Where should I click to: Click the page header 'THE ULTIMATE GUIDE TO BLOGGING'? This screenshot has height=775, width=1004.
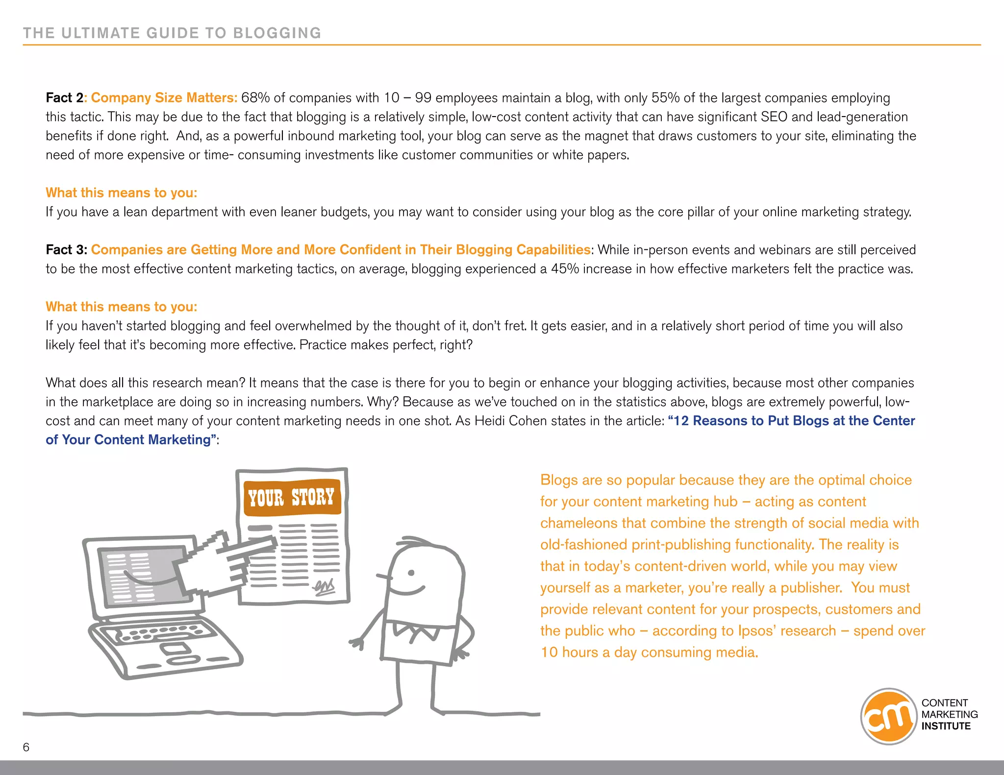click(x=172, y=33)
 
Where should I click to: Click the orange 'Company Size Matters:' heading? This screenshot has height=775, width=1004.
click(x=164, y=97)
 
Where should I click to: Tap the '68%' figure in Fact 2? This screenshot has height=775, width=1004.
click(x=255, y=97)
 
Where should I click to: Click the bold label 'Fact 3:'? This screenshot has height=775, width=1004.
click(x=66, y=250)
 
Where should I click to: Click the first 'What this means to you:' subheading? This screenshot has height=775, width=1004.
click(x=121, y=193)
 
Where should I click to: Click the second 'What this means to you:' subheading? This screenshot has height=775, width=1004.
click(x=121, y=307)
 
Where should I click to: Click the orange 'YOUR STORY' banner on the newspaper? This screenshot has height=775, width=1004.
click(x=292, y=497)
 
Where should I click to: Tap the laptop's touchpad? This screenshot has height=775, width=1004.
click(x=176, y=650)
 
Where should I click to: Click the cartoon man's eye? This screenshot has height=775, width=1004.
click(x=411, y=573)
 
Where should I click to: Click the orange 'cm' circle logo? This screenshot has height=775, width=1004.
click(x=888, y=716)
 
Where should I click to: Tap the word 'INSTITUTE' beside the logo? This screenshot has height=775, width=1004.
click(x=946, y=727)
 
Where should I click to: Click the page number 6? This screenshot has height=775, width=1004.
click(x=26, y=747)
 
